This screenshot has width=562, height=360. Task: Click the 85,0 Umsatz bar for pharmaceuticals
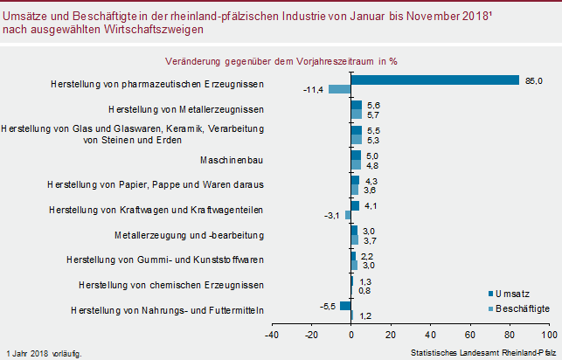tap(435, 80)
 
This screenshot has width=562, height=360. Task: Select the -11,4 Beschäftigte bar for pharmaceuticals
tap(340, 90)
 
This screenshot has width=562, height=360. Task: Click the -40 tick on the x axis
tap(272, 334)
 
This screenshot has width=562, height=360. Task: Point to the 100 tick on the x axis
tap(548, 334)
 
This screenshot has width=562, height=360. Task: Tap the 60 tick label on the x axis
tap(470, 334)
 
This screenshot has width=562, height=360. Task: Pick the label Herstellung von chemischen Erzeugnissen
tap(171, 285)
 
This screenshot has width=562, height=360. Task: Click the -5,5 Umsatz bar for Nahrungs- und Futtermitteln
tap(346, 305)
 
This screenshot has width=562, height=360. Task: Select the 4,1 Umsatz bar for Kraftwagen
tap(355, 205)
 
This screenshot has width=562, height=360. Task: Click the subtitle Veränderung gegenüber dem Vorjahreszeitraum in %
tap(281, 61)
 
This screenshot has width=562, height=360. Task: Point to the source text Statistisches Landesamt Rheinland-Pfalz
tap(482, 353)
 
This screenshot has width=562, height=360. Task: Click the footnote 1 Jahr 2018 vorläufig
tap(45, 353)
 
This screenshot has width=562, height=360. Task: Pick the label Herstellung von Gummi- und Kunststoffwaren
tap(165, 260)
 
